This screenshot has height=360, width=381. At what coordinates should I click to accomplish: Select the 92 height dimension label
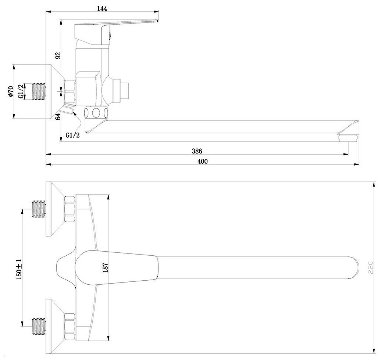58,55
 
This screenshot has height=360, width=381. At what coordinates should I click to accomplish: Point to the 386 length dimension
197,151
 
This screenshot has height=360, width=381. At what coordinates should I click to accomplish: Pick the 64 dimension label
58,117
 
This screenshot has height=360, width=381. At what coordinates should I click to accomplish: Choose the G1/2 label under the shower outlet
72,135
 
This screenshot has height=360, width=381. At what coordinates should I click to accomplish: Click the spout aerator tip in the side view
348,138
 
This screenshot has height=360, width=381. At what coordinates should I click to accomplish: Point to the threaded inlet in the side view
39,91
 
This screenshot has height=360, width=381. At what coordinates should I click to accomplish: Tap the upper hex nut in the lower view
69,209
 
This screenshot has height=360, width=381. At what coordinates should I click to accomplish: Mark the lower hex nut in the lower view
69,325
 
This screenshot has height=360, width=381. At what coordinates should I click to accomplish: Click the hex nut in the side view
70,91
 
